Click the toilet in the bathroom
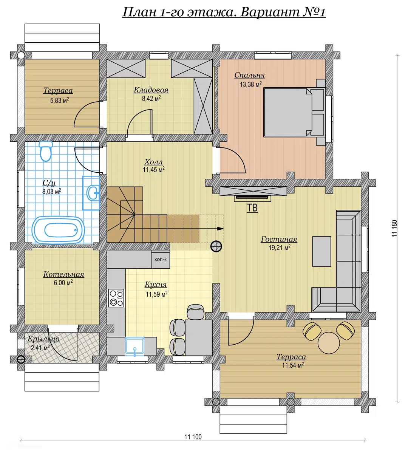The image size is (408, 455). [46, 151]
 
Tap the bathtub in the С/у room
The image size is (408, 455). [58, 230]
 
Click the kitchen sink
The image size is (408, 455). [134, 346]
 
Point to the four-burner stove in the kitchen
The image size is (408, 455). [116, 298]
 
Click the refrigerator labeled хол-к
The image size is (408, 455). [160, 259]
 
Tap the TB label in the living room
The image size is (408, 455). [252, 208]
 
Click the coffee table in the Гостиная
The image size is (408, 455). [321, 251]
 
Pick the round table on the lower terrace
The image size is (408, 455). [329, 343]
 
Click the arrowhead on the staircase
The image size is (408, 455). [220, 229]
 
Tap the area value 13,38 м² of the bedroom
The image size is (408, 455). [250, 84]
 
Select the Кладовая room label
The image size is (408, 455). [151, 90]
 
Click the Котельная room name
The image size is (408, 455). [63, 274]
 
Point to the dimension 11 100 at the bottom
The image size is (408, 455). [193, 437]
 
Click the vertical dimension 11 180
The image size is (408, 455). [394, 228]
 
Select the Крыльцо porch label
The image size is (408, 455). [43, 339]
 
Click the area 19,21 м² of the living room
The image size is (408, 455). [280, 248]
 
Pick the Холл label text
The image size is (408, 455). [154, 162]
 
